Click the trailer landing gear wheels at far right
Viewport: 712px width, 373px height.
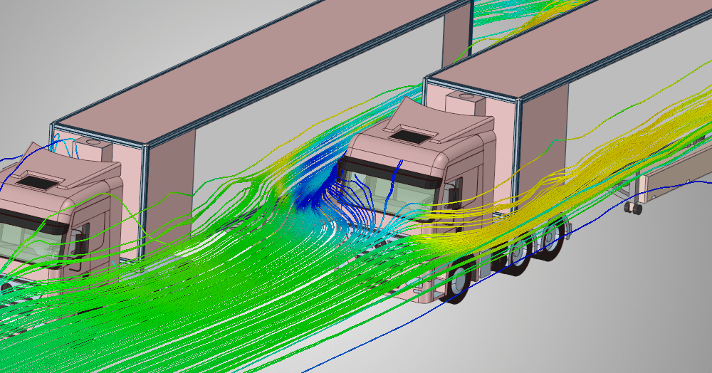[x=632, y=209]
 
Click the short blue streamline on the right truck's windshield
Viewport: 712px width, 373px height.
[x=397, y=171]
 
